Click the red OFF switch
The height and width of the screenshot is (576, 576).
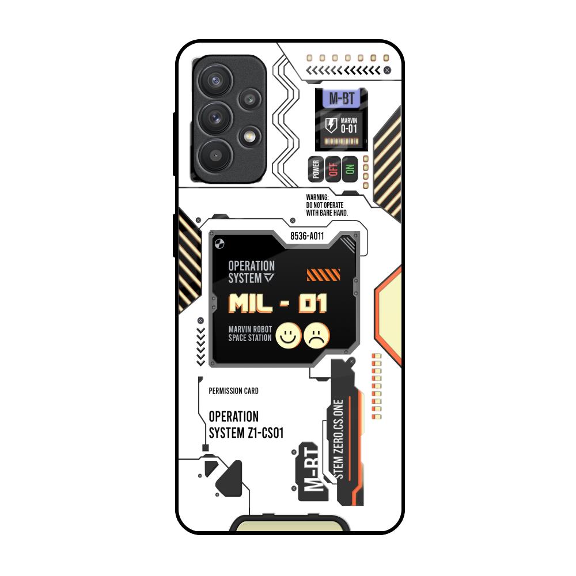tap(332, 168)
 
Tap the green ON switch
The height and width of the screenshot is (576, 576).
tap(349, 168)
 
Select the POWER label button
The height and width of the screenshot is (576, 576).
tap(315, 168)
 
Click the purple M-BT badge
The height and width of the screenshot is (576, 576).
tap(342, 98)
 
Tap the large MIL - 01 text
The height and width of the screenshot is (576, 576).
tap(278, 303)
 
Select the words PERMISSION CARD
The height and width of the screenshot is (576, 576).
tap(233, 391)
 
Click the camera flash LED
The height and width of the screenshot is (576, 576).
tap(249, 137)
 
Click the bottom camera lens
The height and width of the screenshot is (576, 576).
tap(215, 154)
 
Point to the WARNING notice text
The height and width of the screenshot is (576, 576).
tap(327, 204)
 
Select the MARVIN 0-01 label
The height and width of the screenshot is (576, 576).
tap(349, 126)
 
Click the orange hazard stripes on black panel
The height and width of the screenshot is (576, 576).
tap(324, 275)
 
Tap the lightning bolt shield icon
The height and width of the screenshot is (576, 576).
tap(331, 125)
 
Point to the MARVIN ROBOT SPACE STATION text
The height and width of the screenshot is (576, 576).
tap(250, 334)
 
